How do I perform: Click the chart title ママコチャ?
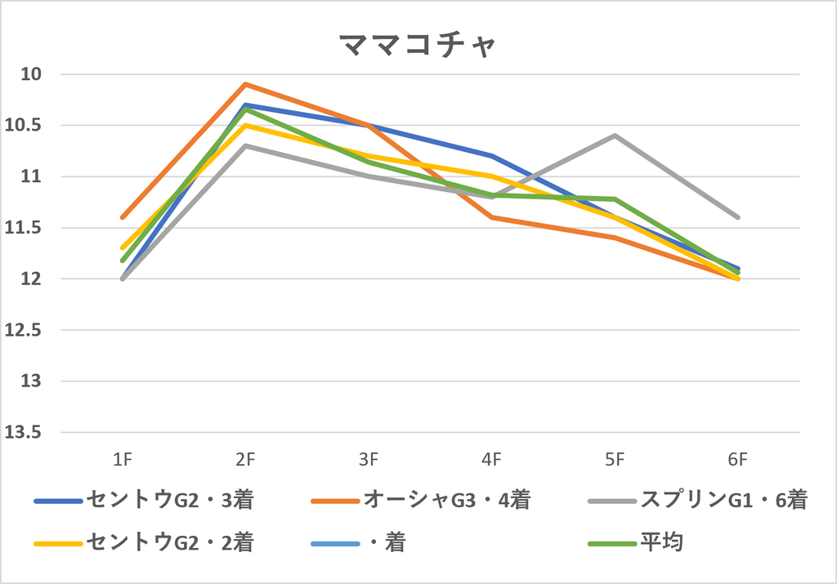(418, 45)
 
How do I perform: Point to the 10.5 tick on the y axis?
(23, 125)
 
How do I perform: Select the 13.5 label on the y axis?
(23, 433)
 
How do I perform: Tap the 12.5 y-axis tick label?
(23, 330)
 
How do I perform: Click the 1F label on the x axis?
(123, 459)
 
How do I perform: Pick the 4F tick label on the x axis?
(491, 459)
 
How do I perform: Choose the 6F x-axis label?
(738, 459)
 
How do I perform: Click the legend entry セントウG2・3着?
(144, 500)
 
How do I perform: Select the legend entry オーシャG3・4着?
(421, 500)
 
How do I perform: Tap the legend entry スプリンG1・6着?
(698, 500)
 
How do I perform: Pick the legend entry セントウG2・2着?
(144, 543)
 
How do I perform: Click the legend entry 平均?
(635, 543)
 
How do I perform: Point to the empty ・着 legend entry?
(358, 543)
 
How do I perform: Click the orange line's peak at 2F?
(245, 84)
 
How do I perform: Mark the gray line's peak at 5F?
(615, 136)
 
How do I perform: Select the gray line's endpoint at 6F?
(738, 217)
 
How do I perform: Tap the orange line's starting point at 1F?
(123, 217)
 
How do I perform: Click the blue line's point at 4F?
(491, 156)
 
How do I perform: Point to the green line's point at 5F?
(615, 199)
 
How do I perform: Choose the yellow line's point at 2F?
(245, 125)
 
